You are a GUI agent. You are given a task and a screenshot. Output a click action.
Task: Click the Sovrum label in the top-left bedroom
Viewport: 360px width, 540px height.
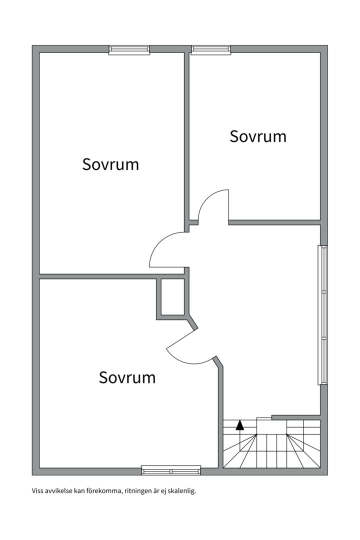click(110, 164)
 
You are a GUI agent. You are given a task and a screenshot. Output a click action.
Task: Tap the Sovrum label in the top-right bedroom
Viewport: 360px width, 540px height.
click(258, 136)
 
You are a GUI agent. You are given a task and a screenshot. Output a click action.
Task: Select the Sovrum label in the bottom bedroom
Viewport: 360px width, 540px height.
click(127, 377)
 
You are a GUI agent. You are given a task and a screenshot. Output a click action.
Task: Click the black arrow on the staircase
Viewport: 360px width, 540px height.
click(240, 425)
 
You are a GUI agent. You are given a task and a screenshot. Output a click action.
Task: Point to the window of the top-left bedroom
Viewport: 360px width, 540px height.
click(129, 50)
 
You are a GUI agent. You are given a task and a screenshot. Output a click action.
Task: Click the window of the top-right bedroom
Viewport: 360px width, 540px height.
click(211, 50)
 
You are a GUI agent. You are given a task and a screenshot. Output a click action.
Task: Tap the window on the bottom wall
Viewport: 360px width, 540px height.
click(171, 470)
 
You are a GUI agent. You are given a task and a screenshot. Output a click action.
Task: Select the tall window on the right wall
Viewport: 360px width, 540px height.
click(322, 315)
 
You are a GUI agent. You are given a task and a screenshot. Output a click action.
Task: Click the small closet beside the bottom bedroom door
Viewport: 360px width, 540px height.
click(173, 297)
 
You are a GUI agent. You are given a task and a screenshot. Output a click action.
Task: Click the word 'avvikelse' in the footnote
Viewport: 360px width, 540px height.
click(58, 491)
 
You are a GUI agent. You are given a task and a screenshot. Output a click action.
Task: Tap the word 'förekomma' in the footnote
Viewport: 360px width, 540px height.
click(105, 491)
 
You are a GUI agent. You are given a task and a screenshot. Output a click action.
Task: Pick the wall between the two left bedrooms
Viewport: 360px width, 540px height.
click(112, 276)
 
